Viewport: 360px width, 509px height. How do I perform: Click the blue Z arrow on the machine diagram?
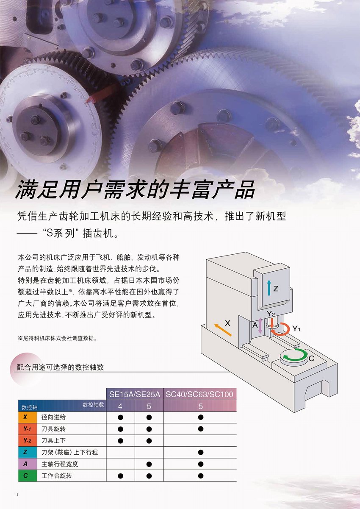(269, 287)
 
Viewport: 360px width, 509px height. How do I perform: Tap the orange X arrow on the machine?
(223, 330)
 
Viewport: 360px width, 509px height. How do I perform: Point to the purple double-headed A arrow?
(260, 326)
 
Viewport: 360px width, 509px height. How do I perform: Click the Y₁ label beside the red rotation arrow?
(296, 328)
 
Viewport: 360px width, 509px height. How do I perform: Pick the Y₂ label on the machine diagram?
(271, 314)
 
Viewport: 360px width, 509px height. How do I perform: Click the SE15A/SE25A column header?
(135, 394)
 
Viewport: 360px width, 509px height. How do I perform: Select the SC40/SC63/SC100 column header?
(199, 394)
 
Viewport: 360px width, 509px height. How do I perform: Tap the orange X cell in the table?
(28, 417)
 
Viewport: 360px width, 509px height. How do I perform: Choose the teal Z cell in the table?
(28, 452)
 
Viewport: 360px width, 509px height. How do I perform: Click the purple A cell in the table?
(28, 464)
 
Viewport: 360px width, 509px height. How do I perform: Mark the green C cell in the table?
(28, 476)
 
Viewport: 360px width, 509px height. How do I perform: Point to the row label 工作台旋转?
(57, 476)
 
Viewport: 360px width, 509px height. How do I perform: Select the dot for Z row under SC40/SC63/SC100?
(201, 452)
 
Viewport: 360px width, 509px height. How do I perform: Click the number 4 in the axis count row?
(120, 406)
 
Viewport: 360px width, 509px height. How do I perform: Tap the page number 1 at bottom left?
(17, 495)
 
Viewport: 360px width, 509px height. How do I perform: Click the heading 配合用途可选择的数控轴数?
(60, 367)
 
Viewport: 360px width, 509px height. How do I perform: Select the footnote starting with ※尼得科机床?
(58, 338)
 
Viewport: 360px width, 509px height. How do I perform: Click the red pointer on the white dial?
(91, 99)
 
